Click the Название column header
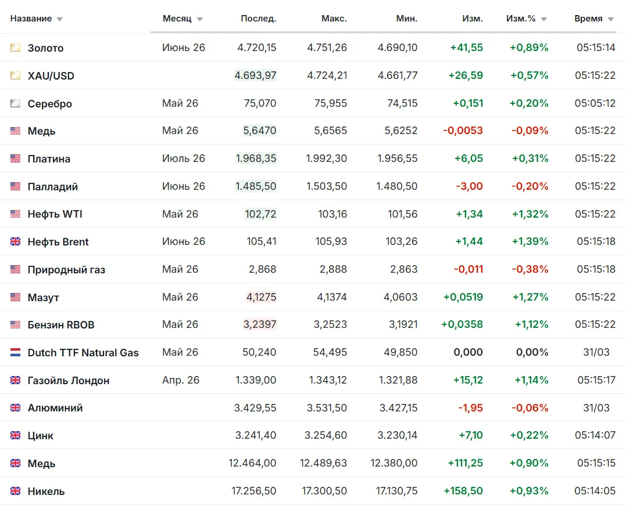click(31, 19)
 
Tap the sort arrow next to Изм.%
click(544, 19)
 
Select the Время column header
click(588, 19)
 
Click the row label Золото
click(45, 48)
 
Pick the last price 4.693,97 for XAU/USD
click(256, 75)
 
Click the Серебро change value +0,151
click(468, 103)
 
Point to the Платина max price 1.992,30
click(327, 158)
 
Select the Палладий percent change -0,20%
click(530, 186)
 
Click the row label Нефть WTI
click(55, 214)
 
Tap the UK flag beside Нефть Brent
click(15, 241)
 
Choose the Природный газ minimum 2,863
click(403, 269)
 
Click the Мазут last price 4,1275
click(262, 297)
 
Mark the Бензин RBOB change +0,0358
click(462, 325)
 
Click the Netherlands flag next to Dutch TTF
click(15, 352)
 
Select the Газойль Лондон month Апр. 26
click(180, 380)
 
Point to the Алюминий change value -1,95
click(471, 408)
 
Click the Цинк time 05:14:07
click(595, 435)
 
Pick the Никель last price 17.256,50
click(254, 491)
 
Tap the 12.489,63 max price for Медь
click(323, 464)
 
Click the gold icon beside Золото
click(15, 48)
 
